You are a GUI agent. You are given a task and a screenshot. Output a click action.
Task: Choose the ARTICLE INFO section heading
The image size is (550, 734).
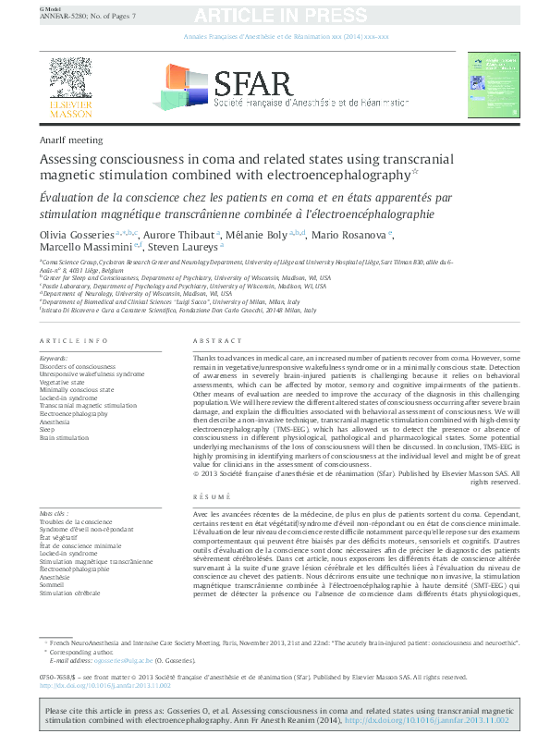pos(67,341)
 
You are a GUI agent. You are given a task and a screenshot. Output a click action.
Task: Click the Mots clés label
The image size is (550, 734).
pos(55,512)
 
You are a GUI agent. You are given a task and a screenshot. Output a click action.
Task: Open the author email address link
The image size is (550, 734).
pos(115,661)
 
